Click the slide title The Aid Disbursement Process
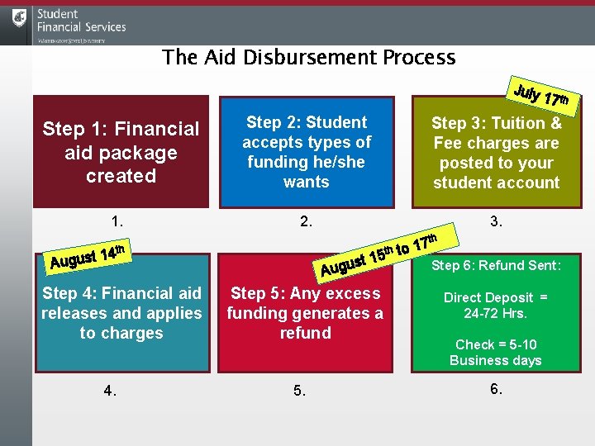(308, 57)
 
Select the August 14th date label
(87, 257)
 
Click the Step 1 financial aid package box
(121, 153)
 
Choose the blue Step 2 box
(306, 153)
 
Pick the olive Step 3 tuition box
(496, 153)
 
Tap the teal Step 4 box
(121, 314)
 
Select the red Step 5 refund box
(306, 314)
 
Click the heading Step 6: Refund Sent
(496, 265)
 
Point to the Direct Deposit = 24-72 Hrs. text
(496, 306)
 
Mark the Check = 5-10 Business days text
(496, 353)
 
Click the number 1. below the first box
(118, 221)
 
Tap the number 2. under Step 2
(306, 221)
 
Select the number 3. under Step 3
(496, 221)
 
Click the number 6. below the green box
(496, 389)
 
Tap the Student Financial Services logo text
(81, 21)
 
